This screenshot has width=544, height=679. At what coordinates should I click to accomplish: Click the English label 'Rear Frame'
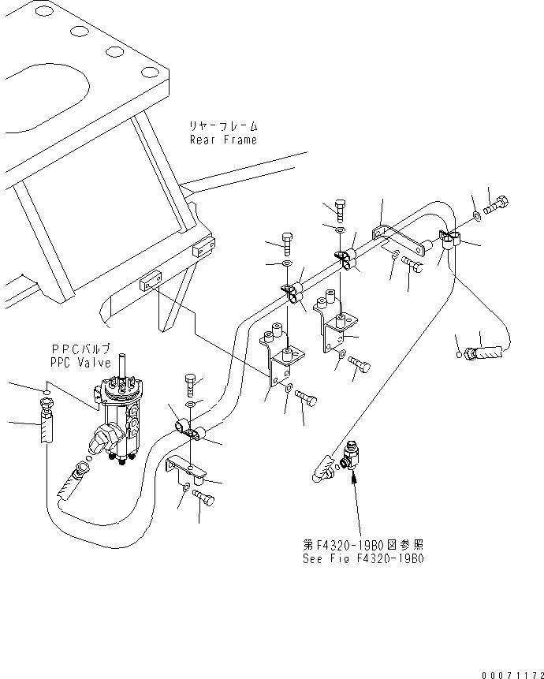coord(223,140)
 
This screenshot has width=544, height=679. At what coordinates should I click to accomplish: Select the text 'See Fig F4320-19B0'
coord(363,558)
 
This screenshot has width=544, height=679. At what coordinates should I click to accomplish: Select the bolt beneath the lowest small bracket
coord(203,498)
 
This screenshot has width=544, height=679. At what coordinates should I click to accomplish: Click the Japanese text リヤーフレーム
coord(224,126)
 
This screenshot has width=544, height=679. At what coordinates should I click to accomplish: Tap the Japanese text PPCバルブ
coord(80,348)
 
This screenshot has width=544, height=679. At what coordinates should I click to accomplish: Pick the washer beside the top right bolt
coord(479,215)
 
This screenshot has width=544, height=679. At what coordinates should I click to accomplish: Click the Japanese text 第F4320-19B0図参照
coord(363,544)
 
